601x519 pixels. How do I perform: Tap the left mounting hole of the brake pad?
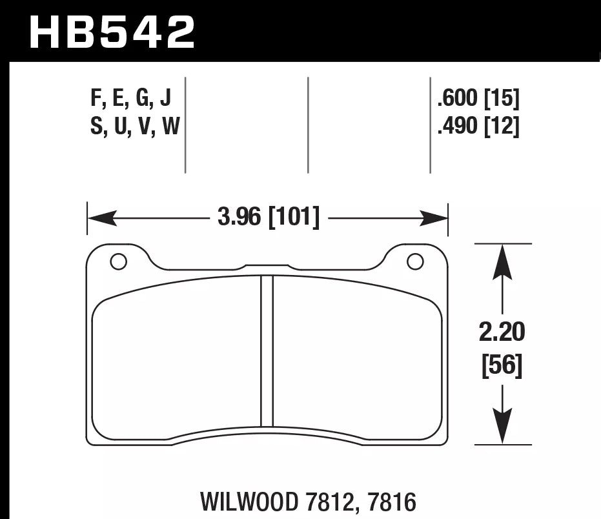[118, 261]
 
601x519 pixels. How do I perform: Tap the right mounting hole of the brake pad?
[415, 261]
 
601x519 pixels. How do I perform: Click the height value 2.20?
[502, 333]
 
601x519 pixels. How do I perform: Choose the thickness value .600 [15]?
[478, 99]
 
